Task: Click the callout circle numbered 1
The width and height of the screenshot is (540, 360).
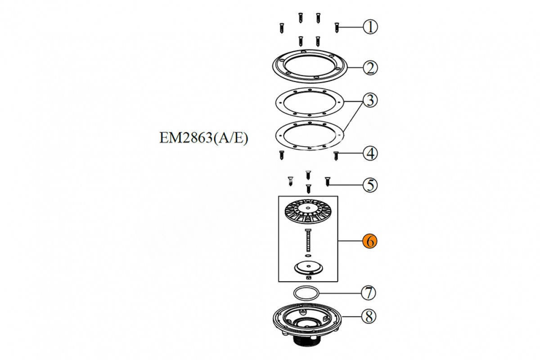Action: point(370,27)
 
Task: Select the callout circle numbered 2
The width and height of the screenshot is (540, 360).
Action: point(370,67)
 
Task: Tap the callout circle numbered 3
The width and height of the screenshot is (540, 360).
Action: point(370,100)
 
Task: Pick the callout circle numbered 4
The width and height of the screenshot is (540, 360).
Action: point(370,153)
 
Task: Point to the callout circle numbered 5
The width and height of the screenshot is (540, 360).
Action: point(370,185)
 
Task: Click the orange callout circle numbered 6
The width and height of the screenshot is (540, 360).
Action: point(370,241)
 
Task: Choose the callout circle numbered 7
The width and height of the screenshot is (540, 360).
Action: point(369,293)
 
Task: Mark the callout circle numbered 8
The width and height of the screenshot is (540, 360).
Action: point(369,316)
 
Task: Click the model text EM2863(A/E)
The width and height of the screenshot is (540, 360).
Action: point(204,139)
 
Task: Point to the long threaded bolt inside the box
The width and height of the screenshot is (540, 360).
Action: point(308,240)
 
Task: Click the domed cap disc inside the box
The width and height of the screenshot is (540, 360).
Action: point(308,268)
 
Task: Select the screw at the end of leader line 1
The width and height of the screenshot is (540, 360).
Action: point(337,27)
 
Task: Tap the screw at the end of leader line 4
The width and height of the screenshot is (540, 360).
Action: point(336,156)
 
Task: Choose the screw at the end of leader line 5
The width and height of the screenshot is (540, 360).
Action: point(327,181)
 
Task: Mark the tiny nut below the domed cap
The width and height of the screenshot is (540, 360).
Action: point(308,278)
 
